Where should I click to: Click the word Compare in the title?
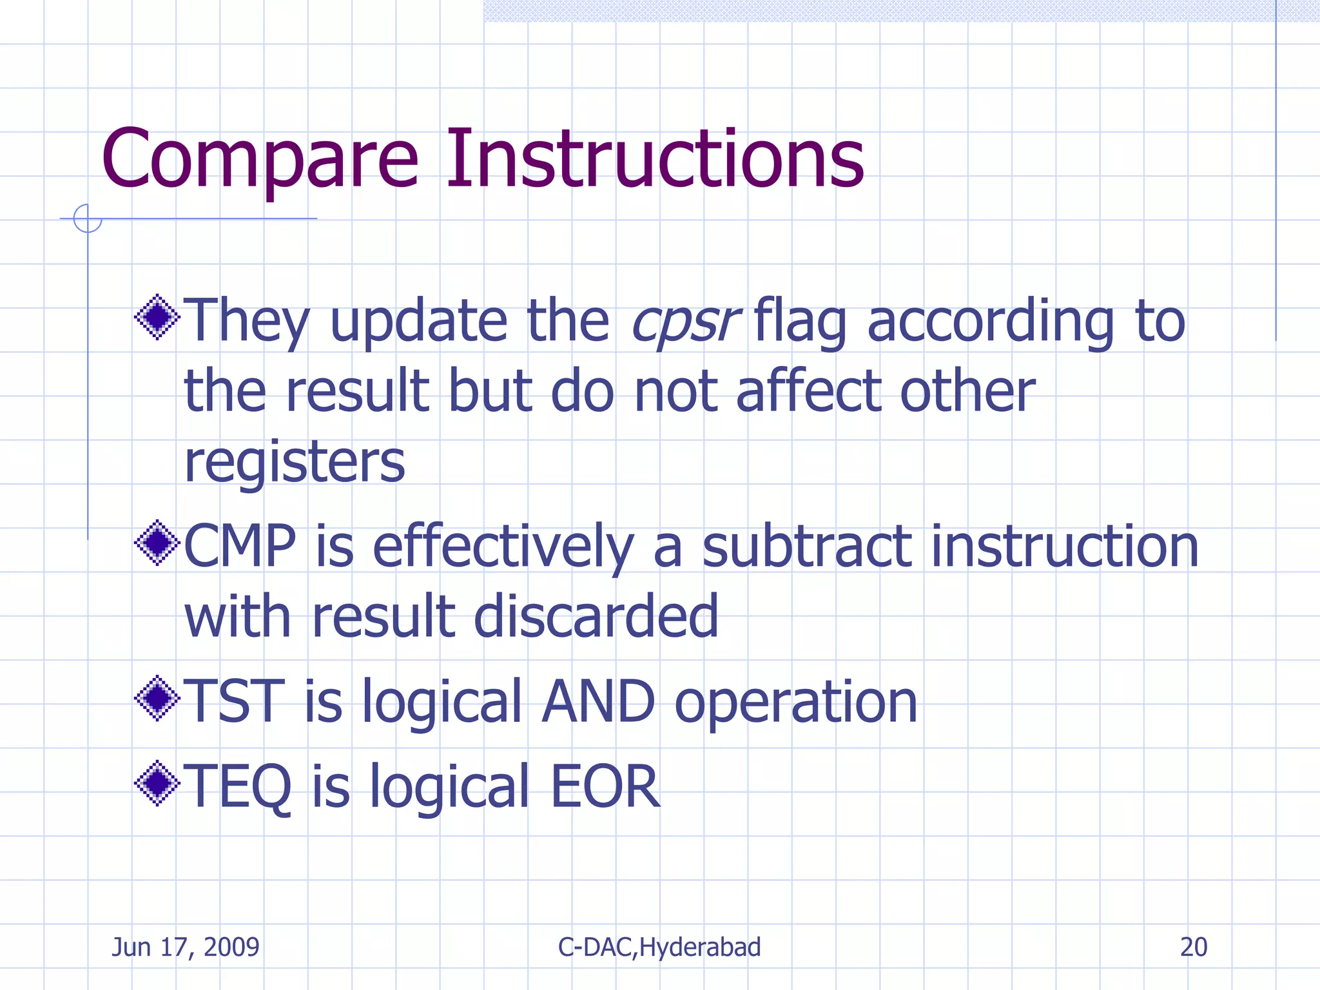tap(260, 159)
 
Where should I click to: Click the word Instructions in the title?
tap(654, 159)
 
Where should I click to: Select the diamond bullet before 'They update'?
tap(157, 317)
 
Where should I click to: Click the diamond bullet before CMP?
tap(157, 543)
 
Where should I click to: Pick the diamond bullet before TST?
tap(157, 698)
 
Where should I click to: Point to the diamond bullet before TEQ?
tap(157, 783)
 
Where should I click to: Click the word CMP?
tap(240, 546)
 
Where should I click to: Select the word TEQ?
tap(237, 786)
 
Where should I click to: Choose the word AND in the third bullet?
tap(597, 701)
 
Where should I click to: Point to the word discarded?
tap(596, 617)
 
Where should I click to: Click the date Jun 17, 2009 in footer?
tap(186, 947)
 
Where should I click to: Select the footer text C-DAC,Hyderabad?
tap(659, 947)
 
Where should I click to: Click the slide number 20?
tap(1193, 947)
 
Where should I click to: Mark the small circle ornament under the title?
tap(88, 218)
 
